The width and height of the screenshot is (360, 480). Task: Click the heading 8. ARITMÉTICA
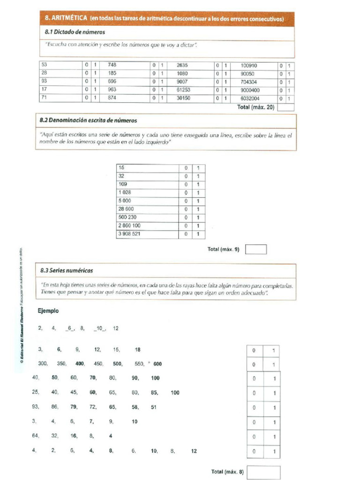click(x=65, y=19)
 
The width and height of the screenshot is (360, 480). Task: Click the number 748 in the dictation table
click(x=112, y=65)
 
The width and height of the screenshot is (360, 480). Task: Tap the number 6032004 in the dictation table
click(x=250, y=98)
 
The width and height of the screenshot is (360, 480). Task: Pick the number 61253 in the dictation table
click(x=183, y=90)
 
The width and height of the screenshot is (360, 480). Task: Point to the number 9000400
click(x=250, y=90)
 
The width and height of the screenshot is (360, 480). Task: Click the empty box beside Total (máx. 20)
click(x=285, y=107)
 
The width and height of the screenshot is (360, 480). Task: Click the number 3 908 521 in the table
click(x=129, y=233)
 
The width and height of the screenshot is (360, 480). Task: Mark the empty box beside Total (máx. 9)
click(x=256, y=249)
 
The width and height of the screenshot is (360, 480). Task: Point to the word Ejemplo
click(x=48, y=311)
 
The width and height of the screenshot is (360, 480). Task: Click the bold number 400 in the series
click(x=80, y=364)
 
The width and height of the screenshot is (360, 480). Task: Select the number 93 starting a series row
click(x=35, y=407)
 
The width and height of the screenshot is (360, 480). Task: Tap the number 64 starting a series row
click(x=35, y=436)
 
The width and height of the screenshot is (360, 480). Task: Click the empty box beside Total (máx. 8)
click(x=263, y=472)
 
